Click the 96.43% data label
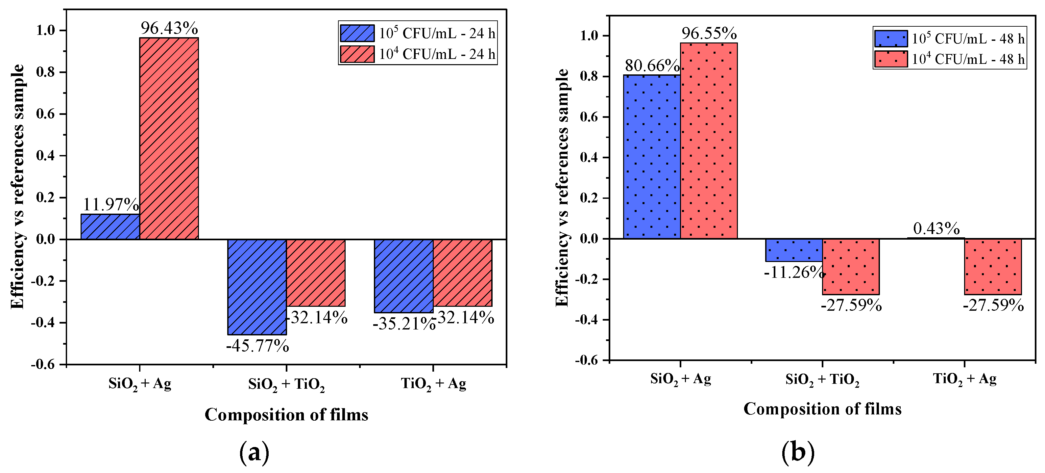point(169,28)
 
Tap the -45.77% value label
point(257,346)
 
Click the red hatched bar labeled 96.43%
point(169,138)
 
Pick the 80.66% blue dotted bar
point(651,156)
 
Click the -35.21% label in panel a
point(404,324)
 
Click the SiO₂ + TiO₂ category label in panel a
point(286,384)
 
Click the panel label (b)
point(797,452)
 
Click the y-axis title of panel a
point(18,187)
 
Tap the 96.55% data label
point(709,34)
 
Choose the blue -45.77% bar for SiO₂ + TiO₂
point(257,287)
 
